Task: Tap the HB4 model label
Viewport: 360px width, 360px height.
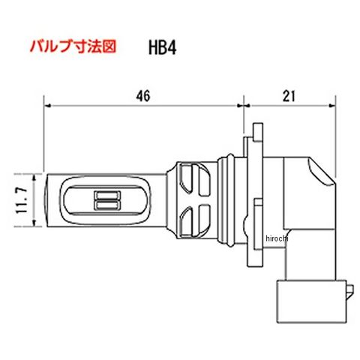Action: coord(162,47)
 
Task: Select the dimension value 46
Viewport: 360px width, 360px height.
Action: coord(143,96)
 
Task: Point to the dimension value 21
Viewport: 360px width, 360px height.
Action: coord(289,96)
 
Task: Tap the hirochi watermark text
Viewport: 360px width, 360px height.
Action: coord(277,238)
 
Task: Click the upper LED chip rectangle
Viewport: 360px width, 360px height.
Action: coord(107,195)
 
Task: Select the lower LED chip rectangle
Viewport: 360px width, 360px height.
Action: coord(107,205)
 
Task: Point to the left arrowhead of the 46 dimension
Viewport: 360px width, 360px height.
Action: coord(47,106)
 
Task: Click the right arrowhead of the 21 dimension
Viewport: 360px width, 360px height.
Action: coord(332,106)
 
